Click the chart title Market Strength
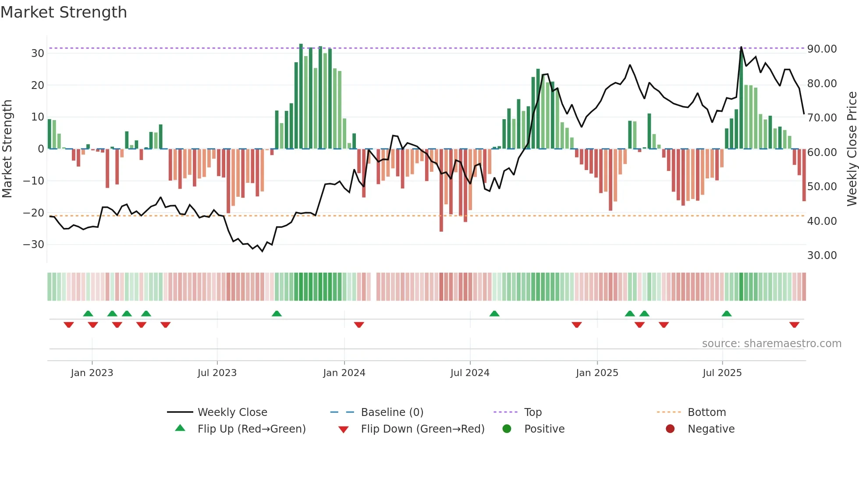pos(64,12)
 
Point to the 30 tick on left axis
pos(37,53)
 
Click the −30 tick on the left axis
pos(34,245)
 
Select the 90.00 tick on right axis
pos(822,49)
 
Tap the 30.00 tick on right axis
pos(822,256)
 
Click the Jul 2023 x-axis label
pos(217,373)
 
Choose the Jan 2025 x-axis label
pos(597,373)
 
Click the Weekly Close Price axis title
pos(852,149)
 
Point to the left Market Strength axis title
pos(7,149)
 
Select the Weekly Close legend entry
pos(232,412)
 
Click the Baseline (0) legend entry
pos(392,412)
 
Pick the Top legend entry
pos(533,412)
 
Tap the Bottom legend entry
pos(706,412)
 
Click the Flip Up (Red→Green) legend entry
pos(251,429)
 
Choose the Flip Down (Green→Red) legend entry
pos(422,429)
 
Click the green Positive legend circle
pos(507,429)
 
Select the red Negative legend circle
pos(670,429)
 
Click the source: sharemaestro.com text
pos(771,344)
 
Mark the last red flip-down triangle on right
pos(795,325)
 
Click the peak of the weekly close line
pos(741,47)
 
